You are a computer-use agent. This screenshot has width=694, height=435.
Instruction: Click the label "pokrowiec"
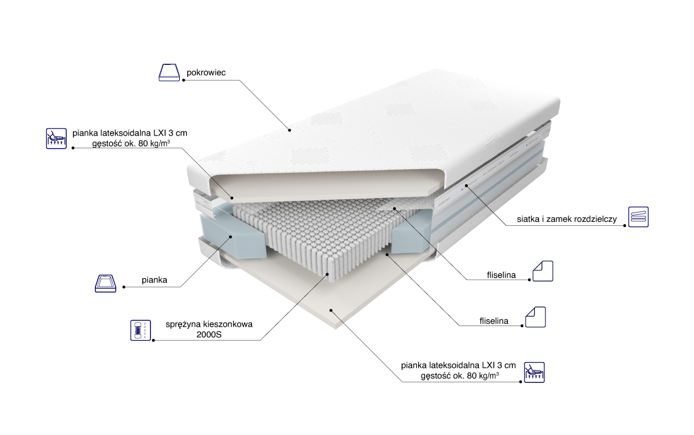(x=205, y=73)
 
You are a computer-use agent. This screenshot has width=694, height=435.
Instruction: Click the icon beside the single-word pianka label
(x=108, y=283)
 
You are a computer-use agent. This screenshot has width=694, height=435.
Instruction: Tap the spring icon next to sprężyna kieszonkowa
(x=139, y=330)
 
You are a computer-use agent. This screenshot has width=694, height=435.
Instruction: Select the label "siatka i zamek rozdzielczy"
(x=567, y=220)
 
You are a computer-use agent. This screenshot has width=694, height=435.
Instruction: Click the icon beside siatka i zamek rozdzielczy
(x=638, y=216)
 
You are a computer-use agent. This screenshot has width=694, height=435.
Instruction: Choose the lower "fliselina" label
(x=494, y=320)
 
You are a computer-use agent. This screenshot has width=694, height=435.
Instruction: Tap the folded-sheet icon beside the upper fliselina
(x=543, y=271)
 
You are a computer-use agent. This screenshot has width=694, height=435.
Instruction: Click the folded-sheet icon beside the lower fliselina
(x=536, y=317)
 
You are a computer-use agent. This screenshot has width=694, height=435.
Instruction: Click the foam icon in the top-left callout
(x=56, y=138)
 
